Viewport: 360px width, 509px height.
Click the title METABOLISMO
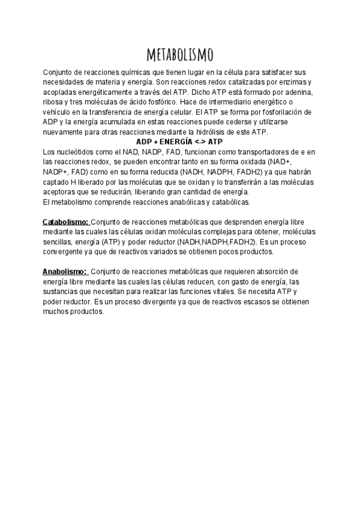180,56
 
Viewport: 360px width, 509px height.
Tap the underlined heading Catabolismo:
66,221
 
